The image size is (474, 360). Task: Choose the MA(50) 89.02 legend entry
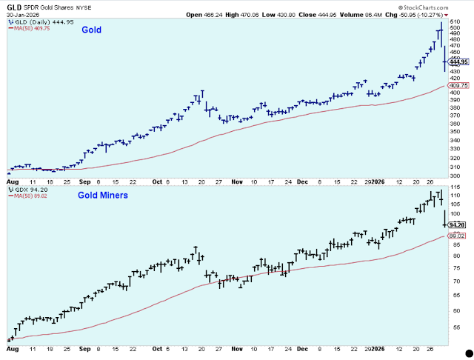[29, 196]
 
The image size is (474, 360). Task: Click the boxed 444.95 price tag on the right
[458, 62]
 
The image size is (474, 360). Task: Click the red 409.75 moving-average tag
[458, 85]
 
